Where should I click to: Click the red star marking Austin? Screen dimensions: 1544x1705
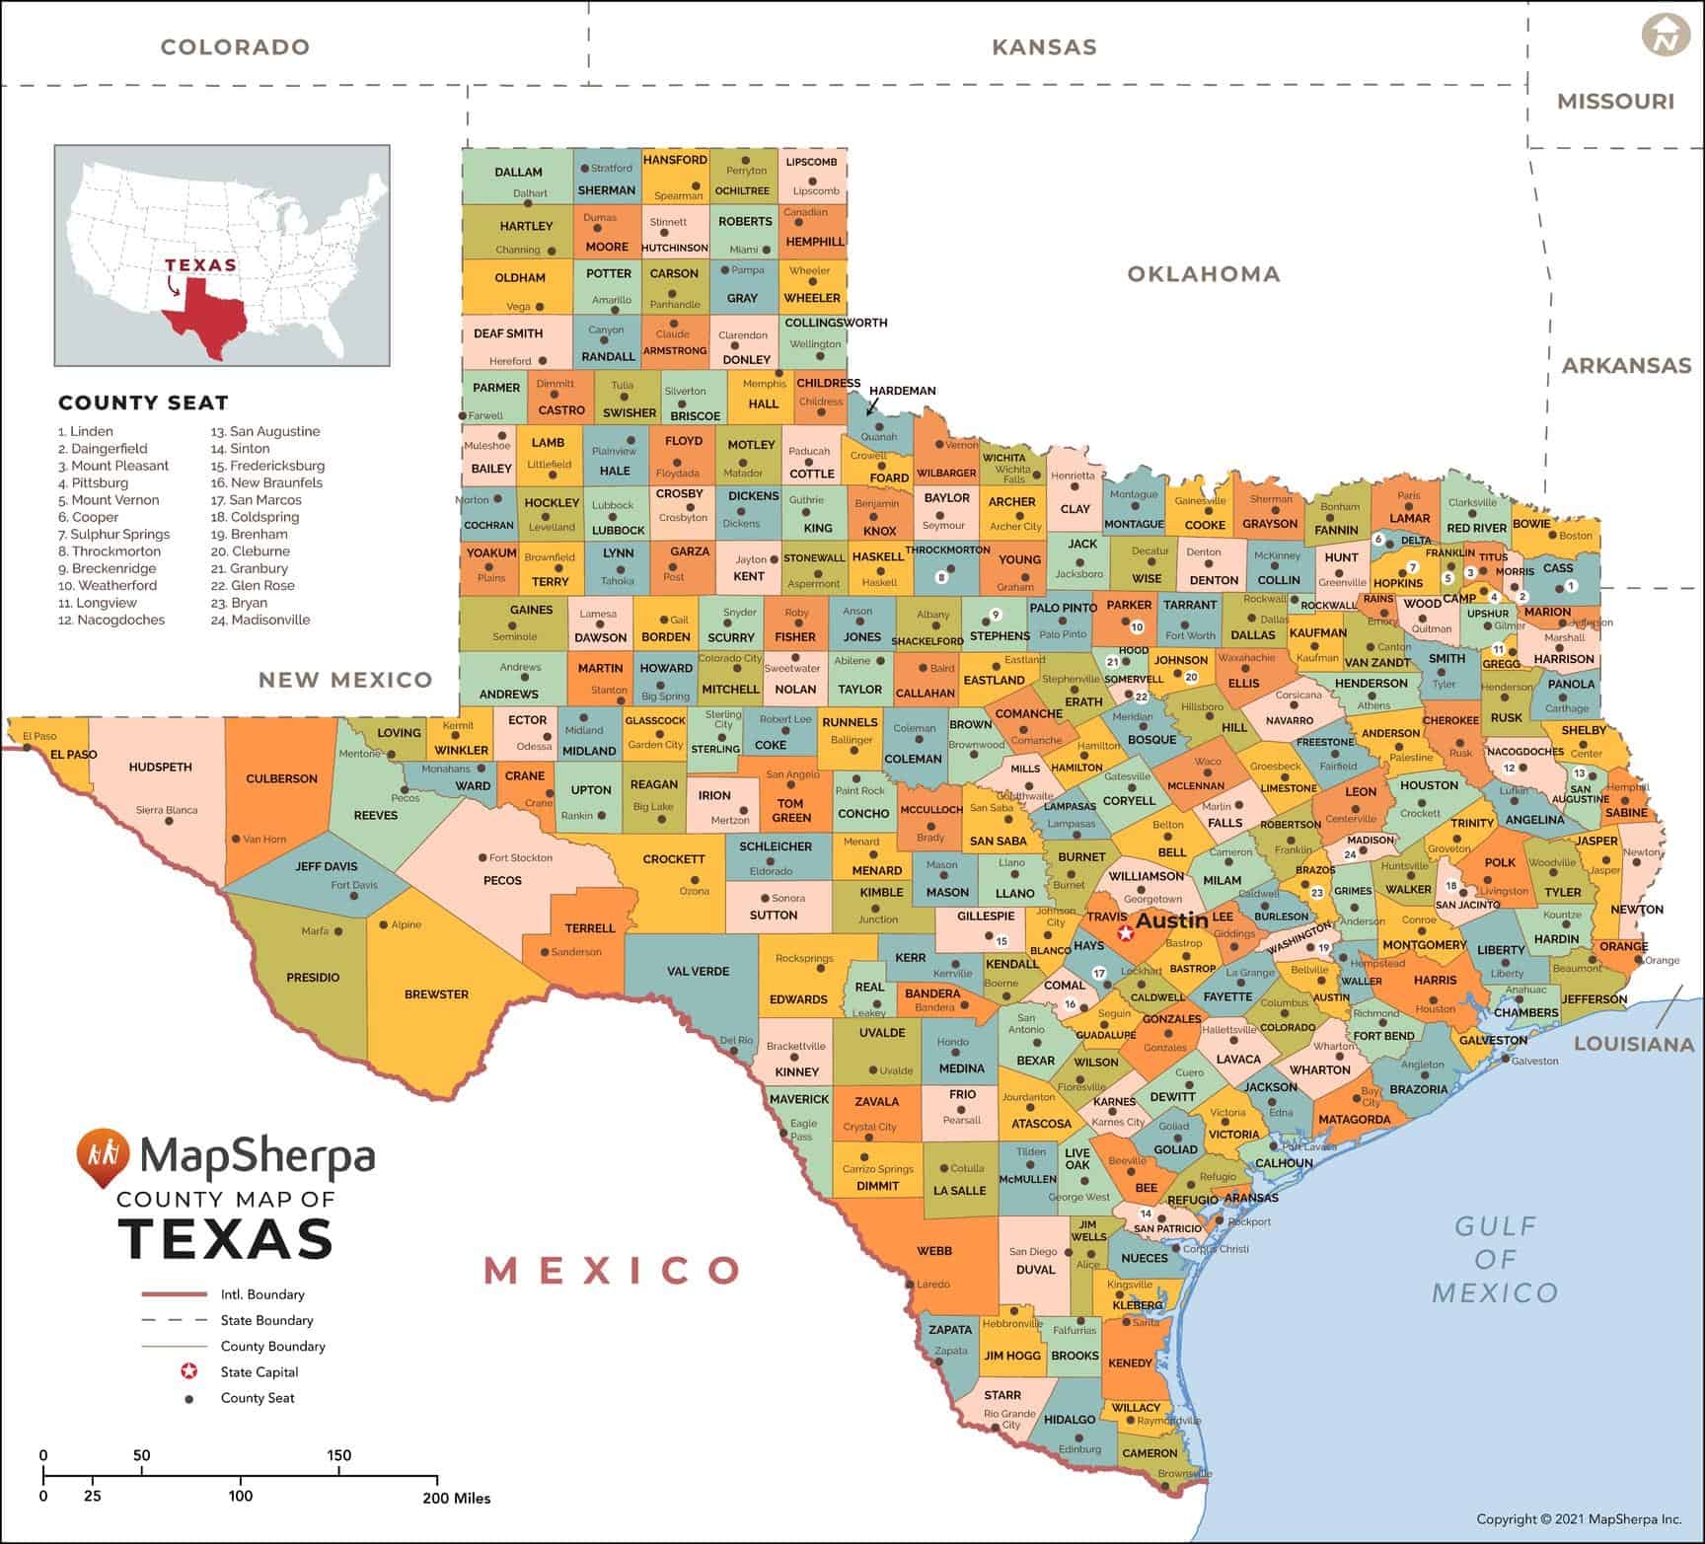tap(1125, 932)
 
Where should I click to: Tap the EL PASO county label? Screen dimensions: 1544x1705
tap(74, 755)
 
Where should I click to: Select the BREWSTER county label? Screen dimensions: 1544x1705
tap(436, 994)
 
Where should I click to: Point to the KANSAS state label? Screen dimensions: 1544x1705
tap(1044, 46)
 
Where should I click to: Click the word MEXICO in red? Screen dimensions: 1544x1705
tap(612, 1270)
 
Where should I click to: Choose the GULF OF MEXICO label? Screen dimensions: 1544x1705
tap(1495, 1259)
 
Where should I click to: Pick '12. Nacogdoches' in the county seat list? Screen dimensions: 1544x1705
tap(111, 620)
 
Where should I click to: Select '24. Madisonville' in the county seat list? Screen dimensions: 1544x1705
tap(260, 620)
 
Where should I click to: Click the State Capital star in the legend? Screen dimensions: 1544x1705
tap(188, 1371)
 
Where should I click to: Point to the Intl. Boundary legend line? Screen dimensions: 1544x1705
tap(174, 1294)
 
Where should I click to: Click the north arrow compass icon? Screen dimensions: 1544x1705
tap(1666, 36)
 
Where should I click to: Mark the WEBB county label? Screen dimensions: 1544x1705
tap(934, 1251)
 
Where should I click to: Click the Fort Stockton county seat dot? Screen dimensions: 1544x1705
tap(482, 858)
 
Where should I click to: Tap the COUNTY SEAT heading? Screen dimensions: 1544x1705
tap(143, 403)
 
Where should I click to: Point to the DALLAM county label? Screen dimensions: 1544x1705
tap(518, 172)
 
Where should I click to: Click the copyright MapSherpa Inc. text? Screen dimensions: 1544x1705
tap(1579, 1519)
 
